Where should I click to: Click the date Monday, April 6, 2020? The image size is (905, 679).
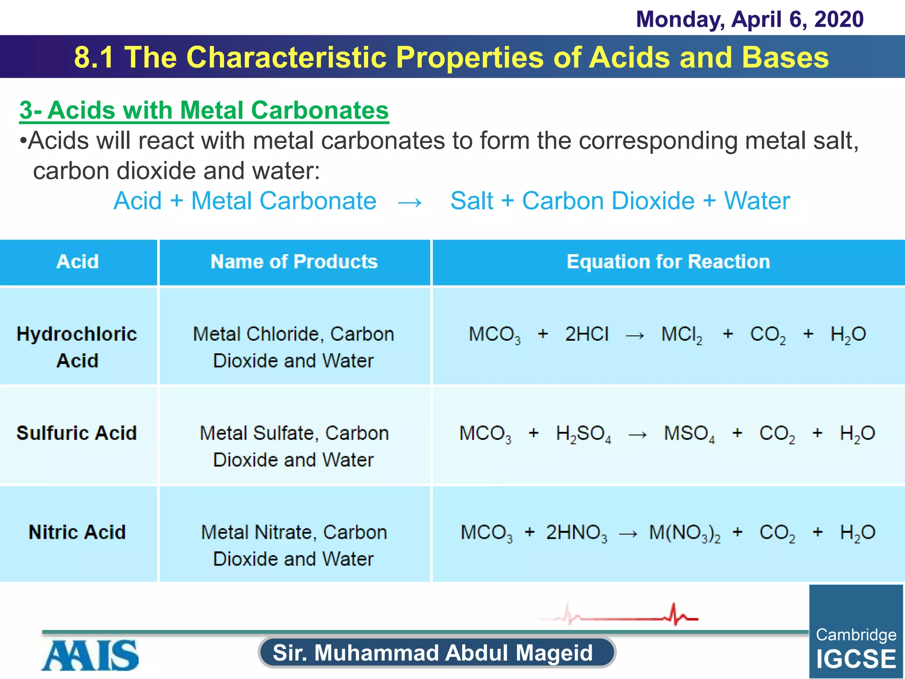click(749, 19)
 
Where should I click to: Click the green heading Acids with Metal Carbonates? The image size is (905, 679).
click(204, 110)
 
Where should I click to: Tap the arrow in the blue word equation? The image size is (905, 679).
click(410, 202)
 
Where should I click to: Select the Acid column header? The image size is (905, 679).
click(78, 262)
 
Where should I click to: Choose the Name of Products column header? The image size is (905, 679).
click(294, 262)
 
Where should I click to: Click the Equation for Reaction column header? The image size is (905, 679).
click(668, 262)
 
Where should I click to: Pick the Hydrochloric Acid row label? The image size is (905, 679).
click(77, 347)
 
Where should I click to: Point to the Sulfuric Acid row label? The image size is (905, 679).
click(77, 433)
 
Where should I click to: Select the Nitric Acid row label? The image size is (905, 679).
click(77, 532)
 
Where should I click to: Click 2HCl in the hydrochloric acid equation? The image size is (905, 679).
click(587, 335)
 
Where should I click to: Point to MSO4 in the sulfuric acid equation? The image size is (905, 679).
click(689, 434)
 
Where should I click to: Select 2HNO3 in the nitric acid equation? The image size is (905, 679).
click(576, 533)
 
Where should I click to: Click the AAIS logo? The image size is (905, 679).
click(90, 655)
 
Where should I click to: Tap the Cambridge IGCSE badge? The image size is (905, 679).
click(856, 632)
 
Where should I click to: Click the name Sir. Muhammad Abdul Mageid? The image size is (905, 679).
click(433, 653)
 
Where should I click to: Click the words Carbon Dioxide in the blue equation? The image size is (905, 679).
click(608, 201)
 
